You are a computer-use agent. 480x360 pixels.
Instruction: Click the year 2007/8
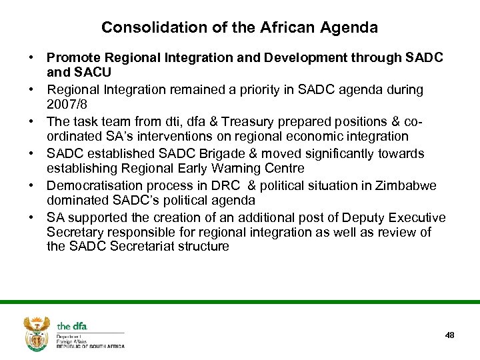[68, 105]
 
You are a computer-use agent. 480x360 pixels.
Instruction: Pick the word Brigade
[205, 153]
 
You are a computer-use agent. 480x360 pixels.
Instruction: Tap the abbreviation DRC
[226, 185]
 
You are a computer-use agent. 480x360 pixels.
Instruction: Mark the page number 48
[449, 335]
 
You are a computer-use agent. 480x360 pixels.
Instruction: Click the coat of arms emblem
[37, 333]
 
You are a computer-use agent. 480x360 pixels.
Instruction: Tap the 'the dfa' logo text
[72, 326]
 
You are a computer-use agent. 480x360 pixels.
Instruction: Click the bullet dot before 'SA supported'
[32, 217]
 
